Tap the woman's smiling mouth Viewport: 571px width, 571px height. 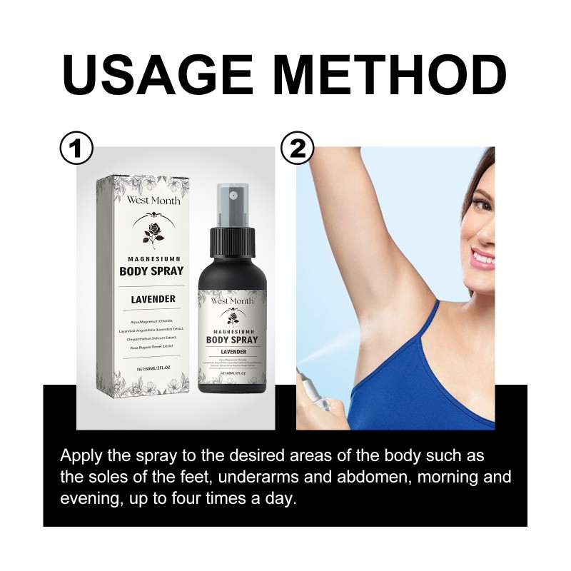coord(482,256)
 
